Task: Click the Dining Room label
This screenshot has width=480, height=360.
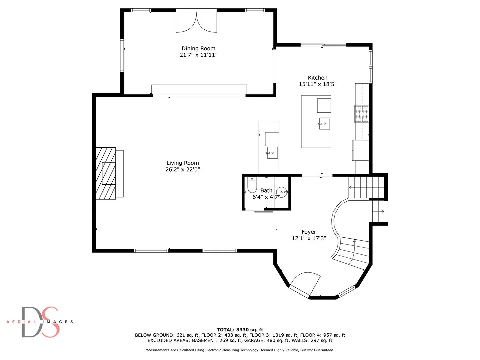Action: [198, 49]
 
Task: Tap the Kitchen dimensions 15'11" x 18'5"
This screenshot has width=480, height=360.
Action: [318, 84]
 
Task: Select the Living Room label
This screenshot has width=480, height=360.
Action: [183, 163]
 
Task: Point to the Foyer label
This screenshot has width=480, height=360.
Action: [309, 232]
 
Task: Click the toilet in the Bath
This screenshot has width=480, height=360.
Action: [252, 185]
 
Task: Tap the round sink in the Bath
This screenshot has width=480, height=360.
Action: [282, 192]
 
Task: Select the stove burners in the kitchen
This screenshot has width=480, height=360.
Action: [361, 114]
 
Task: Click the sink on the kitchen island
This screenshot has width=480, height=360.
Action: [324, 123]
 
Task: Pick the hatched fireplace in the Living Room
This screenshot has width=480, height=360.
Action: [106, 173]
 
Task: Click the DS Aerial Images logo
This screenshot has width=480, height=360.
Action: [40, 322]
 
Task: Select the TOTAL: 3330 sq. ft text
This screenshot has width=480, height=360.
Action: [240, 330]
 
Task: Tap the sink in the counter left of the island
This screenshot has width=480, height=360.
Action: [272, 153]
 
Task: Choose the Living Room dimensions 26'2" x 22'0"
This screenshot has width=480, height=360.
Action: [183, 169]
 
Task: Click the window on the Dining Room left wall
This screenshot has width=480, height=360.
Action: [122, 55]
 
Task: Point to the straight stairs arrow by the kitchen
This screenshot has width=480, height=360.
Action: [366, 187]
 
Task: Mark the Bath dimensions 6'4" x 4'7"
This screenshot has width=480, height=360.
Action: [266, 197]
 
